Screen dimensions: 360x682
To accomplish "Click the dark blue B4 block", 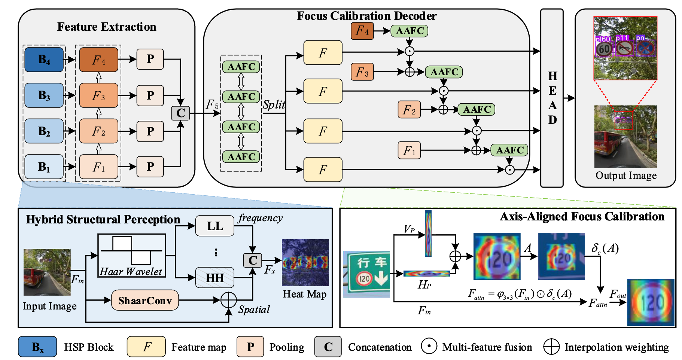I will pyautogui.click(x=44, y=60).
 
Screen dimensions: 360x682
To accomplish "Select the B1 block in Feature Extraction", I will pyautogui.click(x=44, y=167).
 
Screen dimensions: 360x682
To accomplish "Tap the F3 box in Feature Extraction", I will pyautogui.click(x=98, y=96).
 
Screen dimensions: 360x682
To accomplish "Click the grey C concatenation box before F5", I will pyautogui.click(x=180, y=113).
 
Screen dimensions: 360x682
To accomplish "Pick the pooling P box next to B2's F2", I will pyautogui.click(x=150, y=131).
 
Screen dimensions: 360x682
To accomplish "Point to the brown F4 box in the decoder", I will pyautogui.click(x=362, y=31).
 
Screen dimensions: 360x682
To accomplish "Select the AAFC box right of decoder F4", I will pyautogui.click(x=409, y=31).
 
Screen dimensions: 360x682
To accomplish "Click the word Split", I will pyautogui.click(x=274, y=104).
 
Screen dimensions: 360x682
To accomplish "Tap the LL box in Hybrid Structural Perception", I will pyautogui.click(x=215, y=226).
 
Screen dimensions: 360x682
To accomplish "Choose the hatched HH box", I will pyautogui.click(x=215, y=278).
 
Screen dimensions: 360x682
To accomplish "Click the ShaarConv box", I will pyautogui.click(x=145, y=300).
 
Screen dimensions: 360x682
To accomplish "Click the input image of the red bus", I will pyautogui.click(x=47, y=272).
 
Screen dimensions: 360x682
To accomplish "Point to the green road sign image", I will pyautogui.click(x=366, y=274).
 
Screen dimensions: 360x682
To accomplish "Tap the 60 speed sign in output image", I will pyautogui.click(x=604, y=49).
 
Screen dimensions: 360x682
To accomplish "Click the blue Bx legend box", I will pyautogui.click(x=37, y=347).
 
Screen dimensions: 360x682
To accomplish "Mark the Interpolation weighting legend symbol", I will pyautogui.click(x=551, y=347).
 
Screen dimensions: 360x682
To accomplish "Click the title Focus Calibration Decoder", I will pyautogui.click(x=366, y=16).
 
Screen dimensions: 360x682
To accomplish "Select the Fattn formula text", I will pyautogui.click(x=520, y=294).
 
